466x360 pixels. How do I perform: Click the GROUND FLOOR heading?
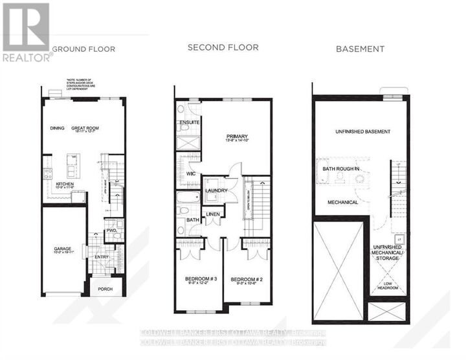(83, 49)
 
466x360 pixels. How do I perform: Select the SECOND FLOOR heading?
(223, 47)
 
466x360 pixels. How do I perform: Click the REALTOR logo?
(26, 32)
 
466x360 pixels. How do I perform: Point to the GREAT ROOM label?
(85, 128)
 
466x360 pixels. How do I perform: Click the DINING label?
(57, 128)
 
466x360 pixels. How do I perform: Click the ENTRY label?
(102, 257)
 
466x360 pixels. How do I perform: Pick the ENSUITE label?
(190, 122)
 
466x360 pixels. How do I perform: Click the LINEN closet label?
(213, 214)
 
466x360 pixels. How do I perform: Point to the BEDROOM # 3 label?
(197, 279)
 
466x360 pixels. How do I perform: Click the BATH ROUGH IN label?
(341, 170)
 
